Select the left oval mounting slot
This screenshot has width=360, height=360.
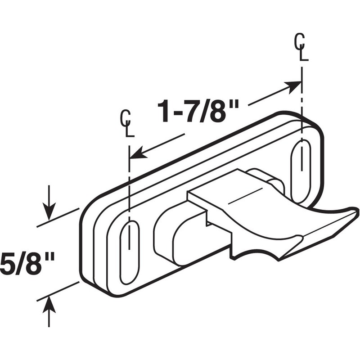130,252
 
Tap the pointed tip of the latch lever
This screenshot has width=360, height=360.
355,211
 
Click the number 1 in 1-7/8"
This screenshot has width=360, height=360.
164,112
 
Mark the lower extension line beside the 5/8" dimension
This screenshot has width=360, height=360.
58,291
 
